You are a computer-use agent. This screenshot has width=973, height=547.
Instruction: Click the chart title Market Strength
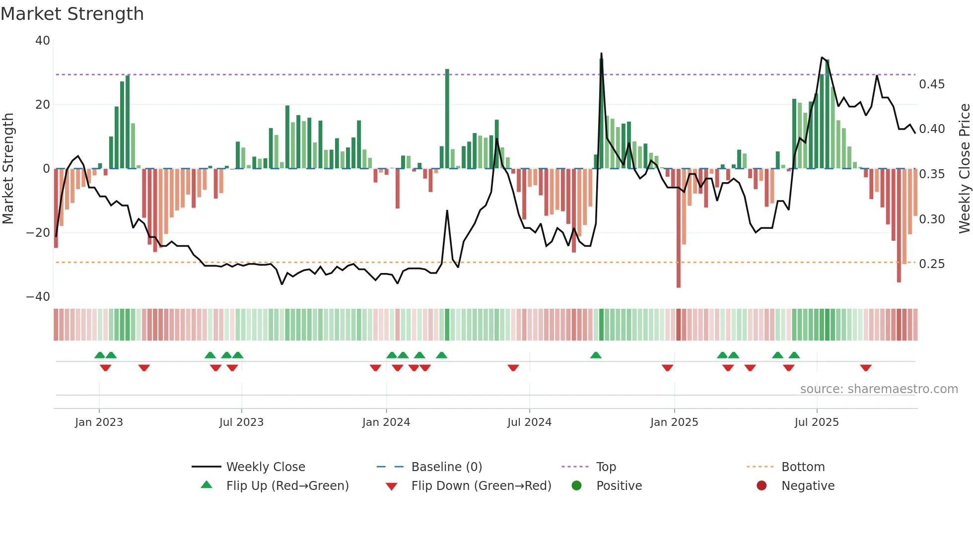72,14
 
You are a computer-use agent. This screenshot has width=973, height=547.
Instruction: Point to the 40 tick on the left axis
43,41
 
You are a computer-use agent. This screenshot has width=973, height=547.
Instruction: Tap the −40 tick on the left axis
38,297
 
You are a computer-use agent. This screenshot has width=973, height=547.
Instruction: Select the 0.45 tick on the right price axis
932,84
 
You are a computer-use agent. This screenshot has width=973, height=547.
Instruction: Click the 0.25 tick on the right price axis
932,264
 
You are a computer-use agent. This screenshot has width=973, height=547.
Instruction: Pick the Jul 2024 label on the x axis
529,422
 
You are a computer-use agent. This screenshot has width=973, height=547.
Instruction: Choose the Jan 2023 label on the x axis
99,422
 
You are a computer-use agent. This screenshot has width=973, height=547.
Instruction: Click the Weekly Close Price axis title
964,168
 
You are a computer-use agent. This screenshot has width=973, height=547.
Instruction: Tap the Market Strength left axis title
8,168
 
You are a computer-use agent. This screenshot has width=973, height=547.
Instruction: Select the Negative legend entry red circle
762,486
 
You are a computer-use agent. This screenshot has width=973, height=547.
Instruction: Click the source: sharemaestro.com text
879,389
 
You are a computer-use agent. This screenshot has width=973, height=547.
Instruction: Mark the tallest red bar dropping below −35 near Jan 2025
679,228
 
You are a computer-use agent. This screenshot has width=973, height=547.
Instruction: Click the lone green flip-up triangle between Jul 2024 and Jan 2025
596,355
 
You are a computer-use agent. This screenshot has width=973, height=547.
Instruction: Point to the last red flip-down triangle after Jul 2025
866,368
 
